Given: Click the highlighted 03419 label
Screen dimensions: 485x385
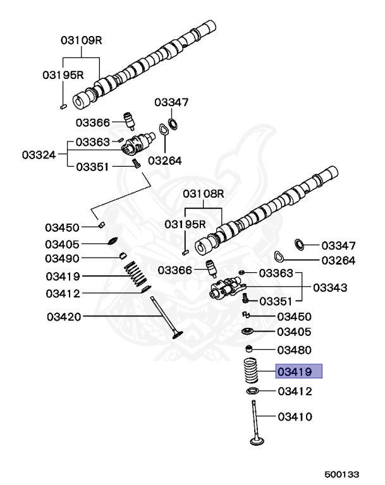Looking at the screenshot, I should tap(299, 371).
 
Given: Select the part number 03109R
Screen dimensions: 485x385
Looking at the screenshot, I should tap(82, 40).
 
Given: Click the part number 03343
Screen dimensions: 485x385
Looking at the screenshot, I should tap(330, 287).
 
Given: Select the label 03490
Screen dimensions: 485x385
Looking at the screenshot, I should tap(62, 258).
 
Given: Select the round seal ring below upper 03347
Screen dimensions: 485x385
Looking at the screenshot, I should tap(173, 122).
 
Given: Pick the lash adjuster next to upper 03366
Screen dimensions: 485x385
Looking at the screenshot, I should tap(130, 119).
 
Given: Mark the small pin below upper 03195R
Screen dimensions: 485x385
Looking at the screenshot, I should tap(64, 107).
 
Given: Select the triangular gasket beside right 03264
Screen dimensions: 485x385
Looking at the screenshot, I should tap(278, 256).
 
